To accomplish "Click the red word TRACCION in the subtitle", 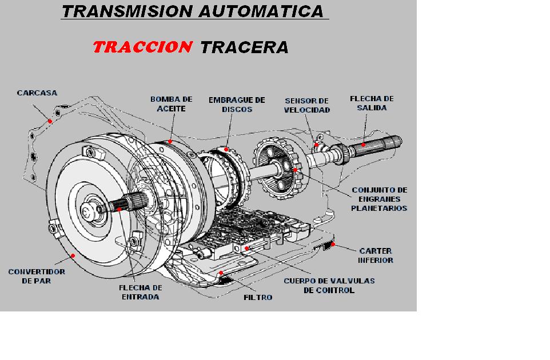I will tap(141, 47).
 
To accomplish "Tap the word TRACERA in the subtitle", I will tap(244, 47).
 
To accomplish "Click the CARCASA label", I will tap(37, 93).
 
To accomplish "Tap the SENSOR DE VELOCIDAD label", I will tap(307, 105).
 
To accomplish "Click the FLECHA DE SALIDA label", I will tap(372, 103).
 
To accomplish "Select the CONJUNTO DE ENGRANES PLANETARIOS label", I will tap(379, 199).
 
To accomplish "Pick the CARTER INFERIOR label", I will tap(376, 255).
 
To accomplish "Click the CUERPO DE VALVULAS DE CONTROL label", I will tap(329, 285).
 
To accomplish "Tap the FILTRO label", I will tap(258, 297).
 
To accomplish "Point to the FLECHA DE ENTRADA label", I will tap(140, 292).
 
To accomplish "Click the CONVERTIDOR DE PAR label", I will tap(37, 277).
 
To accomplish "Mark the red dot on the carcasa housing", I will tap(50, 121).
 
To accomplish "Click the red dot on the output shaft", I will tap(365, 145).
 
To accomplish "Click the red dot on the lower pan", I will tap(333, 244).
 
